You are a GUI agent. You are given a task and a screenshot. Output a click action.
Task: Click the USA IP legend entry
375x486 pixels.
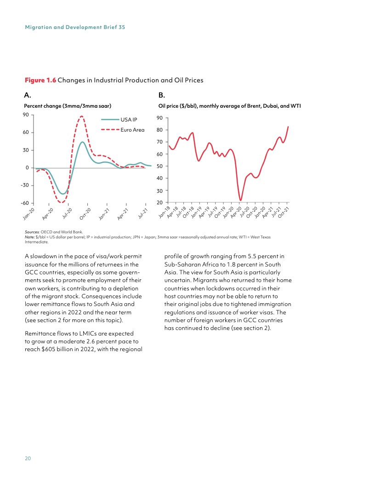[128, 120]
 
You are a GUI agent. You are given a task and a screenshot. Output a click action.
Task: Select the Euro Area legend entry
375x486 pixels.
[132, 130]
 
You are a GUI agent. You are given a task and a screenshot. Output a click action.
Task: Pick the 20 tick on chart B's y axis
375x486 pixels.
[159, 202]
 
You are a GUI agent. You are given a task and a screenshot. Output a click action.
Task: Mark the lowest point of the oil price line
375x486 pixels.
[240, 200]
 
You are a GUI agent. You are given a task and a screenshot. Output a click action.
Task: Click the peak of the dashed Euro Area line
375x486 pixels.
[81, 116]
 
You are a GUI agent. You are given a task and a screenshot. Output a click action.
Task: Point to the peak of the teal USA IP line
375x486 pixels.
[82, 142]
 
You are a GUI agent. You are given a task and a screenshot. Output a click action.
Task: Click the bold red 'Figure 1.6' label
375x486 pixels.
[40, 80]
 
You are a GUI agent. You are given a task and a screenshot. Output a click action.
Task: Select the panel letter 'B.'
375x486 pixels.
[161, 95]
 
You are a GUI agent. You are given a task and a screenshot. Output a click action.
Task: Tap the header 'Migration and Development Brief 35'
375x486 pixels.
[74, 27]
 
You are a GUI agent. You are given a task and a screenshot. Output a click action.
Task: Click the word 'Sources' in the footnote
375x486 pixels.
[32, 232]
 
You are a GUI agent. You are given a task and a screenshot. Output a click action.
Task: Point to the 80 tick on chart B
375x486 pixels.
[159, 130]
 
